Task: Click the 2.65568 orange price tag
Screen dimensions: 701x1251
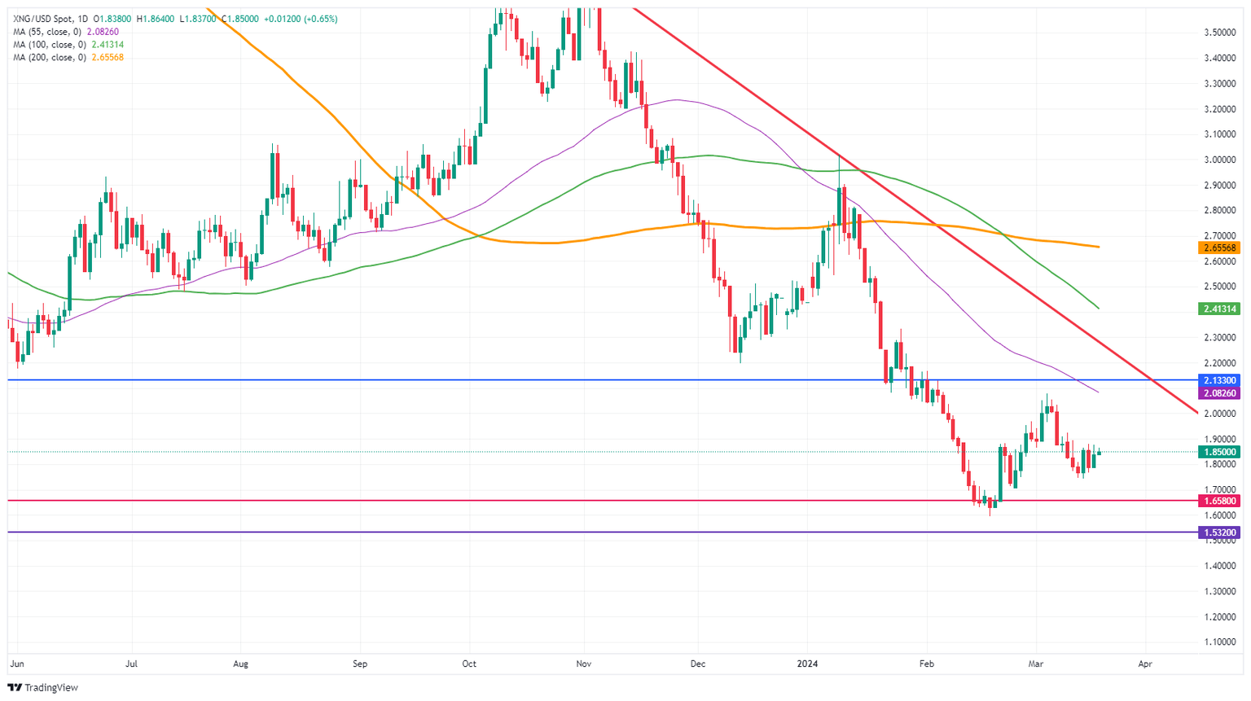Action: tap(1218, 248)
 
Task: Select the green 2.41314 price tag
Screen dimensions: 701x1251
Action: tap(1218, 309)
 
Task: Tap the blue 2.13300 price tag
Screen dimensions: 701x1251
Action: tap(1218, 380)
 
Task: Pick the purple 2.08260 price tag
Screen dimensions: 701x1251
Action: tap(1218, 393)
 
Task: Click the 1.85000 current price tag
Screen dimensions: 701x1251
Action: tap(1218, 452)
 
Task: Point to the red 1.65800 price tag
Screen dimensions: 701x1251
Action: tap(1218, 501)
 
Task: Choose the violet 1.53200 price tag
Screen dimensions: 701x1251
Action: tap(1218, 532)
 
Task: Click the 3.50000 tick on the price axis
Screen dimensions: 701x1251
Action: tap(1220, 33)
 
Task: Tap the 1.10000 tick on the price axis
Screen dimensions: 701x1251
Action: tap(1220, 642)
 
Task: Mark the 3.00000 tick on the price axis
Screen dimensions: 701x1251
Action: tap(1220, 160)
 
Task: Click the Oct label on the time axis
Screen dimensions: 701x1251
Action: tap(468, 664)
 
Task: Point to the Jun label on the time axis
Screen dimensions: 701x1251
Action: tap(16, 664)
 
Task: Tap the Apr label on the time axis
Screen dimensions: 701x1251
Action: tap(1144, 664)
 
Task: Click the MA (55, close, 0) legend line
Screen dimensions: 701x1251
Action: tap(65, 32)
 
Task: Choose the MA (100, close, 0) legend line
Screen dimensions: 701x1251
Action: tap(68, 45)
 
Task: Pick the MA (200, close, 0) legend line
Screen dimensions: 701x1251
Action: tap(68, 58)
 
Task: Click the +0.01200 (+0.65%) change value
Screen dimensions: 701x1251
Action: tap(301, 19)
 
